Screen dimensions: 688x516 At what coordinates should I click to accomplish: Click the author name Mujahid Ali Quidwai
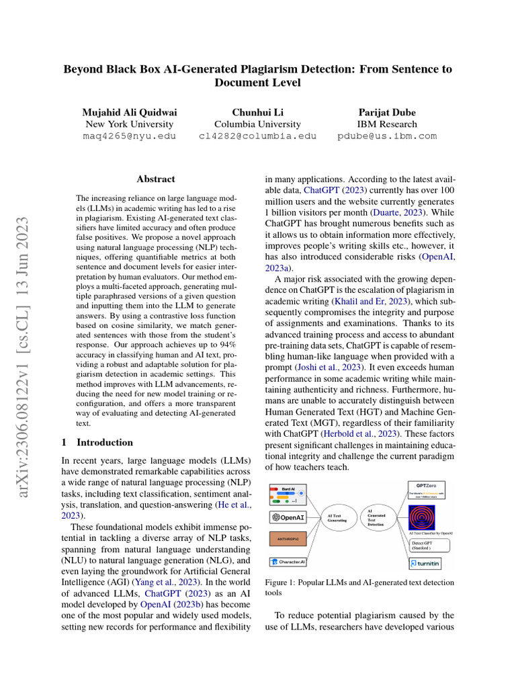click(129, 112)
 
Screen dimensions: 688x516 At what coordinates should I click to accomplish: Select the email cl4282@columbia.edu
click(257, 136)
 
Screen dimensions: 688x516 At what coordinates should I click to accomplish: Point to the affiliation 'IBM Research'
click(387, 124)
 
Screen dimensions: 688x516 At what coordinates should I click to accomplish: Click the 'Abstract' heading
click(155, 179)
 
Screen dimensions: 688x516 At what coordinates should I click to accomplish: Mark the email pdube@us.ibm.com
click(387, 136)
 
